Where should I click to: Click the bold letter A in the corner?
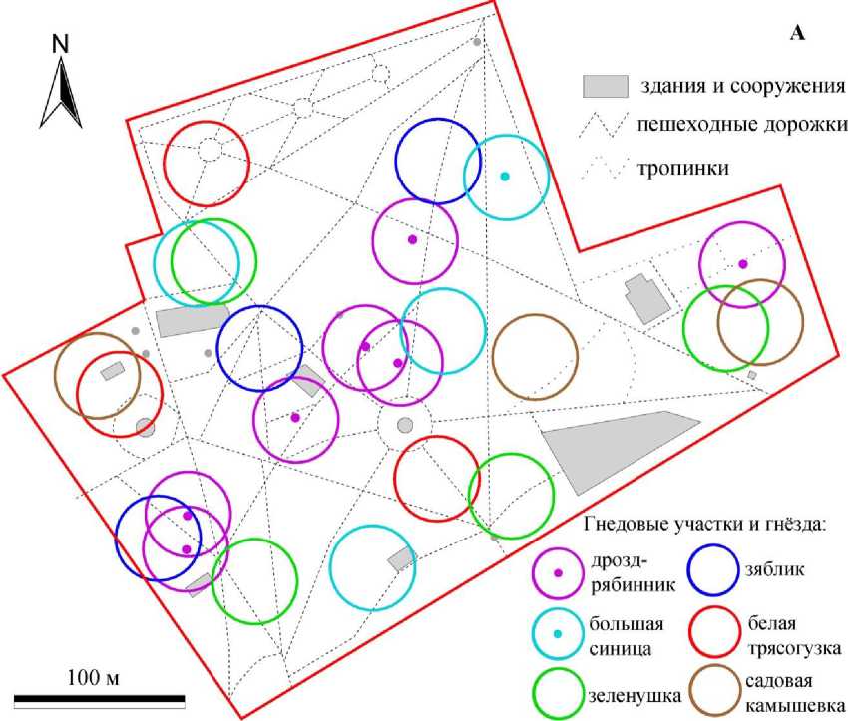point(797,34)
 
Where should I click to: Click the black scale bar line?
point(100,697)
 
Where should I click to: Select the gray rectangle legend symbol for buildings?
point(605,86)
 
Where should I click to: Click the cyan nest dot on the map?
point(505,177)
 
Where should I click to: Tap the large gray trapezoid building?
point(620,448)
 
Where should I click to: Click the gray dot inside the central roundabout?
point(405,426)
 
